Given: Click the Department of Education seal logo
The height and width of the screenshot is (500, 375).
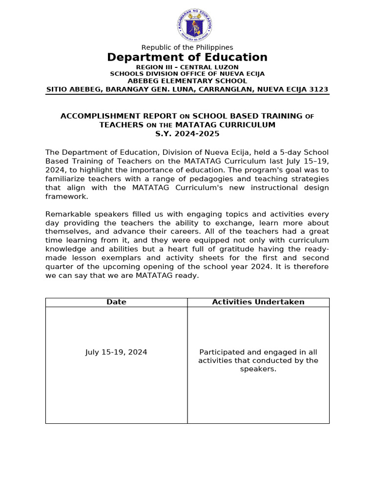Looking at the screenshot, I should [x=194, y=25].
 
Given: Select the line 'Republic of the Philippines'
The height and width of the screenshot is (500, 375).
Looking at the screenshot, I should [x=187, y=47].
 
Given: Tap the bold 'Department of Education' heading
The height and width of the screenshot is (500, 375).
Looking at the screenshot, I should [x=187, y=58].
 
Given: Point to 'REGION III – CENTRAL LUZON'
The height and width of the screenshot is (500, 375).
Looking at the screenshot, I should [x=187, y=67].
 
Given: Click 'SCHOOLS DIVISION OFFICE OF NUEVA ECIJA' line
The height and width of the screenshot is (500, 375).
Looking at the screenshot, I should [x=187, y=74].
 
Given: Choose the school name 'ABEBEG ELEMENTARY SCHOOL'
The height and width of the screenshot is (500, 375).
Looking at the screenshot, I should [x=187, y=81].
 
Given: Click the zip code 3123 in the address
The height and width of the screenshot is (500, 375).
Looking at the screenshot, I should [x=319, y=89].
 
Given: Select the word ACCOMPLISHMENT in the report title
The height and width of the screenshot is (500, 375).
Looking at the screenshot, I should [x=93, y=116].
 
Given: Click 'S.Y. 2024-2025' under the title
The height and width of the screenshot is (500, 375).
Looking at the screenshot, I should [x=187, y=134].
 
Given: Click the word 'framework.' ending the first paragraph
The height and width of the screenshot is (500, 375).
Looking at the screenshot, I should [x=66, y=196].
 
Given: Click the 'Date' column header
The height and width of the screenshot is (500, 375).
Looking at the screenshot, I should [x=116, y=302].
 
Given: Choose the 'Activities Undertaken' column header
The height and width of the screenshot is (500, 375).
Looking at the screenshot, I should [x=258, y=302].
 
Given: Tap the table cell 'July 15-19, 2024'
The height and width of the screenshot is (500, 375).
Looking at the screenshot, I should [x=116, y=352].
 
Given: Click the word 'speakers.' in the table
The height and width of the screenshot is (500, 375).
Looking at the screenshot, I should [x=258, y=370].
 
